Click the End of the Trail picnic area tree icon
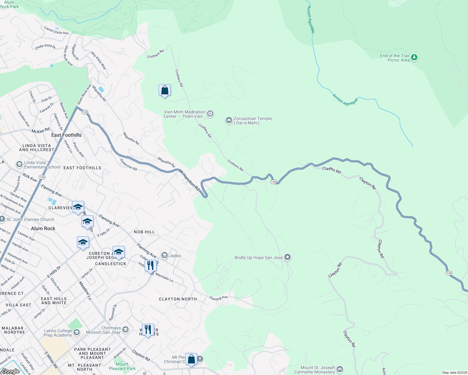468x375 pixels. (x=414, y=57)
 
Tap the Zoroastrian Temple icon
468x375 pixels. (x=229, y=120)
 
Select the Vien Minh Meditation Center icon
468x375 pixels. (x=210, y=114)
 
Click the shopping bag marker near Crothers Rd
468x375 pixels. (x=165, y=90)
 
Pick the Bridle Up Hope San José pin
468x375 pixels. (x=288, y=257)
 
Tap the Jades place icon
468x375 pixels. (x=165, y=256)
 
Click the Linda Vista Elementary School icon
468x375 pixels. (x=19, y=164)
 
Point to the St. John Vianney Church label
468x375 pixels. (x=30, y=219)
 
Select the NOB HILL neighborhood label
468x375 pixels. (x=144, y=232)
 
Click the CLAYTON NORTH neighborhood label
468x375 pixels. (x=178, y=299)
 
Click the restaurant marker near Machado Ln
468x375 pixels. (x=150, y=265)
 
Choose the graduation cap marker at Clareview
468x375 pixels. (x=78, y=207)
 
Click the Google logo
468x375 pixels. (x=10, y=371)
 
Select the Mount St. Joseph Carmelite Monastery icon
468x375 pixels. (x=340, y=369)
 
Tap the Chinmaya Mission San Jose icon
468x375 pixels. (x=125, y=330)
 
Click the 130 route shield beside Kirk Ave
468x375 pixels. (x=42, y=177)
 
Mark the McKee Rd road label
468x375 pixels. (x=40, y=131)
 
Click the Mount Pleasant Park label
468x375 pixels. (x=122, y=366)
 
